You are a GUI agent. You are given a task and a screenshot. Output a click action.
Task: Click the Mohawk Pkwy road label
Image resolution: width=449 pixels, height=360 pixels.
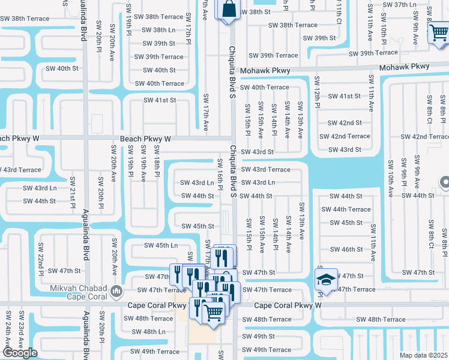pyautogui.click(x=265, y=71)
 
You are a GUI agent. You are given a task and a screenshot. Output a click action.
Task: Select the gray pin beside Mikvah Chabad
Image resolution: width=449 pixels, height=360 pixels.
pyautogui.click(x=116, y=292)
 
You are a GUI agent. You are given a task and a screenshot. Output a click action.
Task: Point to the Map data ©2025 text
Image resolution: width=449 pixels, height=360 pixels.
pyautogui.click(x=423, y=355)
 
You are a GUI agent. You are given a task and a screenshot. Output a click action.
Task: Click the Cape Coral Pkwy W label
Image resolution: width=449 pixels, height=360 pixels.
pyautogui.click(x=282, y=305)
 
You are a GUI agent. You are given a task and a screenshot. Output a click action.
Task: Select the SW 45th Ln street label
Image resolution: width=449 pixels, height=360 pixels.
pyautogui.click(x=161, y=245)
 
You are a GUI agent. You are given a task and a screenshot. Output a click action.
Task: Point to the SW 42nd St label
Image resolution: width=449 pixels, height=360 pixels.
pyautogui.click(x=345, y=122)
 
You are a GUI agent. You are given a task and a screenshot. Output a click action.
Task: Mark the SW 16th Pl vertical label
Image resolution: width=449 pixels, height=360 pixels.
pyautogui.click(x=220, y=173)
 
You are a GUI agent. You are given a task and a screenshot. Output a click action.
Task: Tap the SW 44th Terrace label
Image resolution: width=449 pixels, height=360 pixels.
pyautogui.click(x=346, y=209)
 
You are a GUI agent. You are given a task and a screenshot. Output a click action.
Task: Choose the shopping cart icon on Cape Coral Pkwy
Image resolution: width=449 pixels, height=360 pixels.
pyautogui.click(x=213, y=311)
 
